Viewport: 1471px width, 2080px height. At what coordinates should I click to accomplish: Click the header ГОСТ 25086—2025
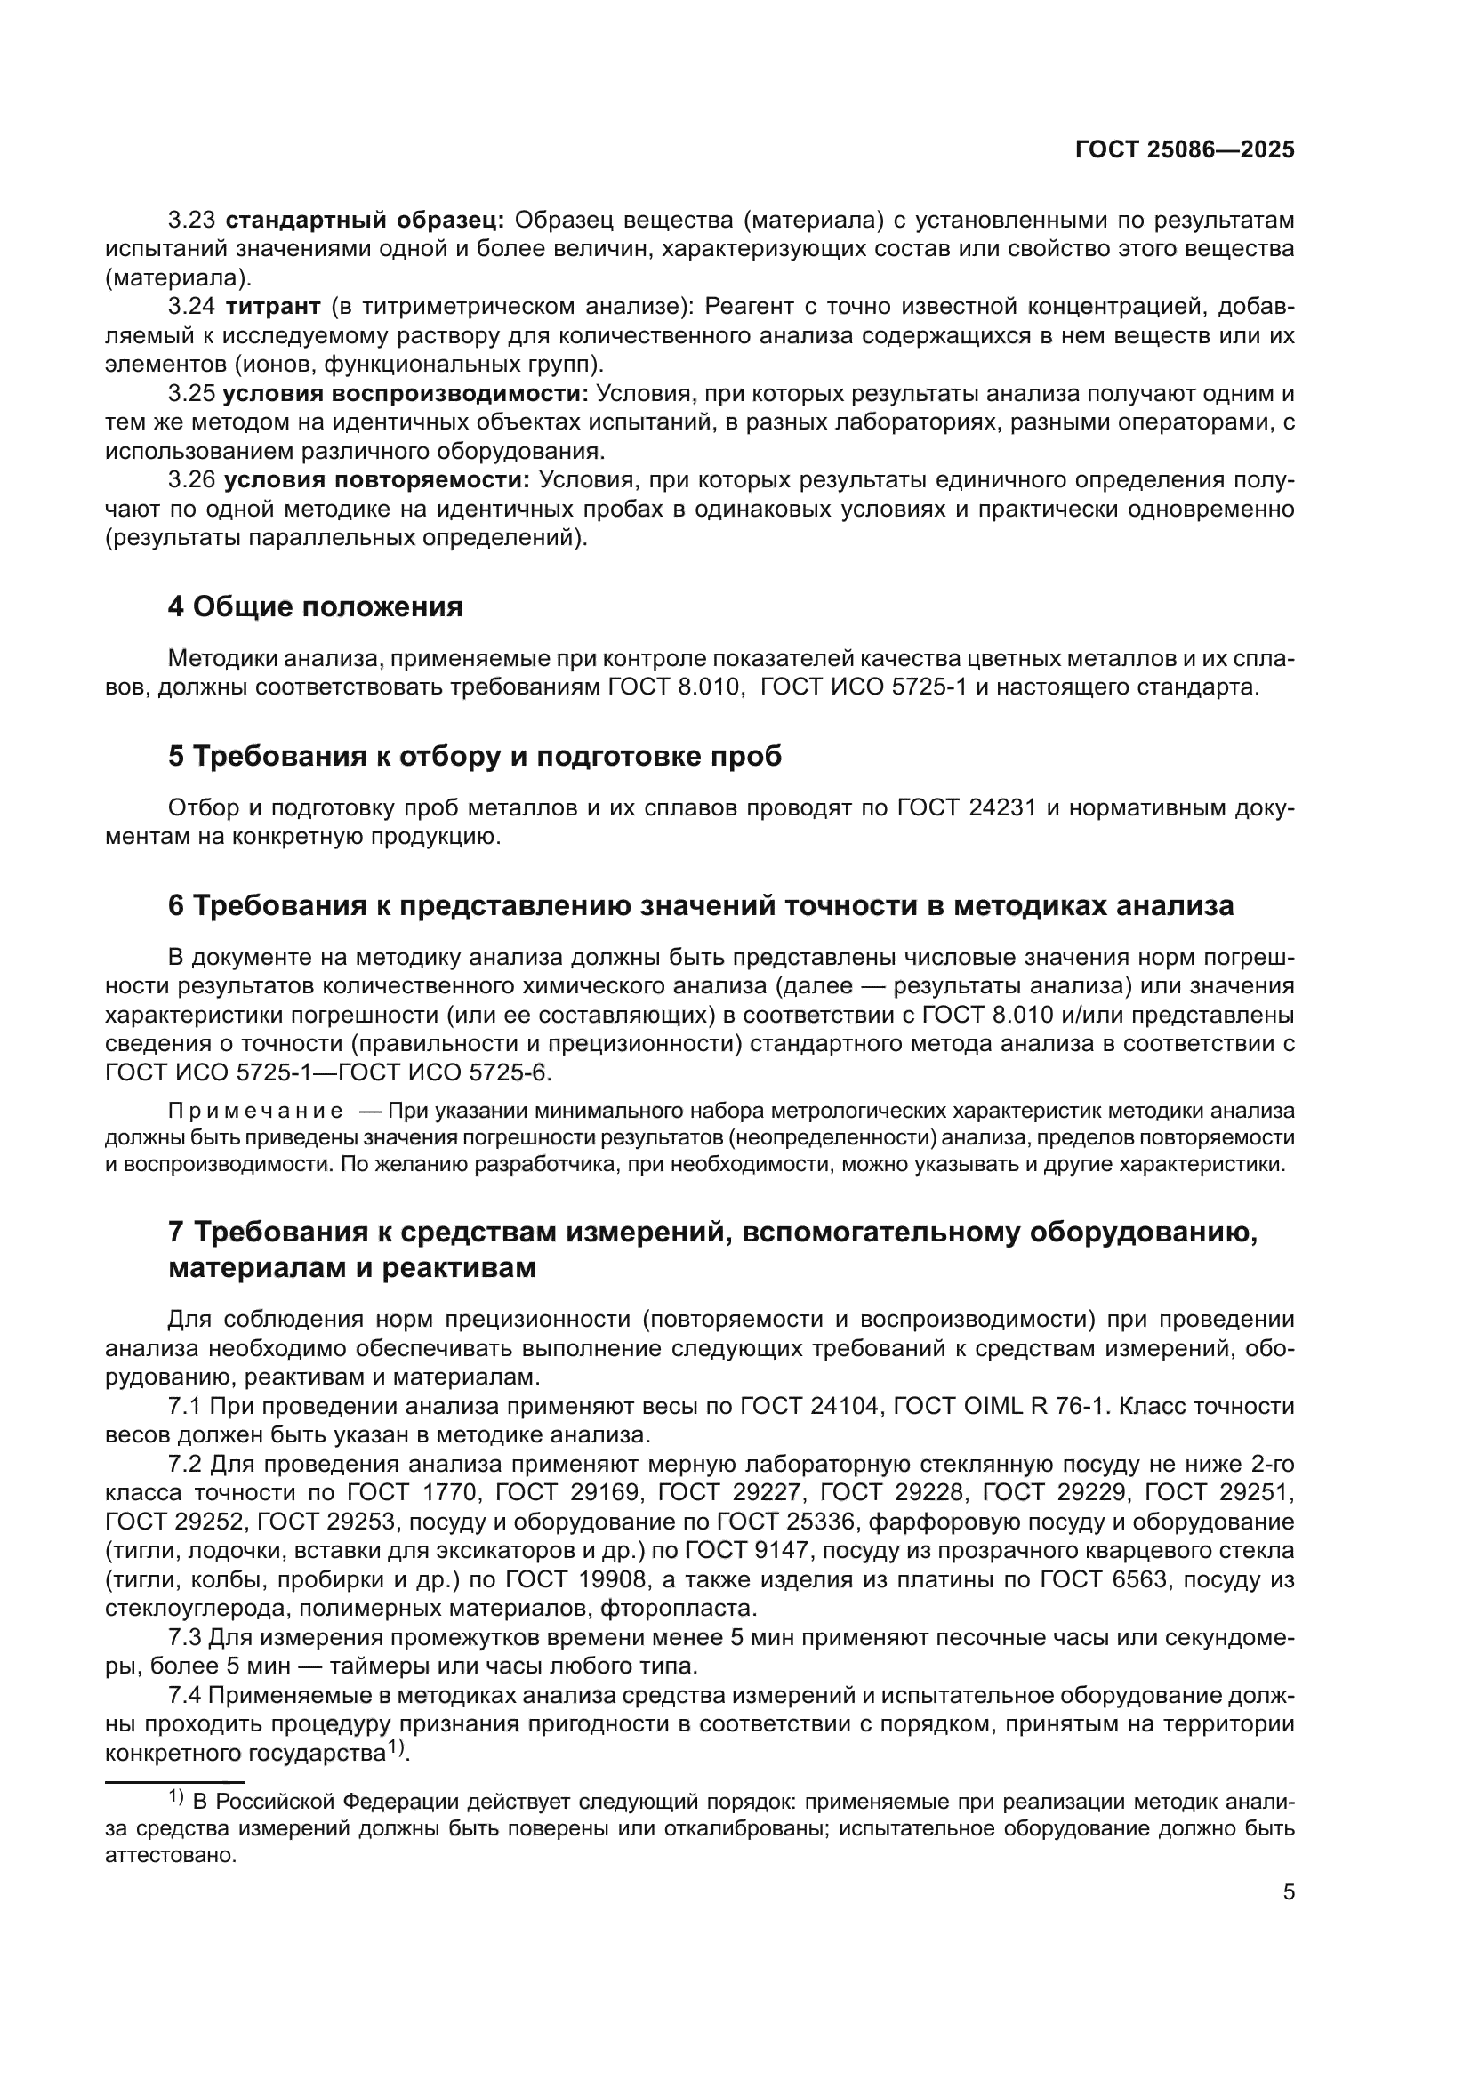(x=1184, y=150)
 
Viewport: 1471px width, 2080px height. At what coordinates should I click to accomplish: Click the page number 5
(x=1288, y=1892)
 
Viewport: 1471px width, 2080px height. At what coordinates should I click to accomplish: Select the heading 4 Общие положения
(x=314, y=607)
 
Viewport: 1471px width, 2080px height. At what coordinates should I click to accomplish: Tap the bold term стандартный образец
(x=365, y=221)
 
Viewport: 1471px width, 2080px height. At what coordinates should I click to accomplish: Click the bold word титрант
(x=273, y=306)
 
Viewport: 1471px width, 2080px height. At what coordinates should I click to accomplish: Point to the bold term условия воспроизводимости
(x=405, y=393)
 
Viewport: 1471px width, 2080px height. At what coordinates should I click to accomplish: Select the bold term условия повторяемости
(x=377, y=480)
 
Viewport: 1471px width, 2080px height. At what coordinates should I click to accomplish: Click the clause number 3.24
(x=192, y=306)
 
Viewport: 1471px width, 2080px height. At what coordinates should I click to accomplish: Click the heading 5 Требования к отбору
(x=475, y=757)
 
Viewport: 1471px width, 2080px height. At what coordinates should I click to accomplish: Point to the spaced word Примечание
(x=255, y=1112)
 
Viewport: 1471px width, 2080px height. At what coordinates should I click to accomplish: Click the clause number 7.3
(x=186, y=1637)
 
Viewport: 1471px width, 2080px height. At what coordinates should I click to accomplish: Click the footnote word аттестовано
(x=170, y=1854)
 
